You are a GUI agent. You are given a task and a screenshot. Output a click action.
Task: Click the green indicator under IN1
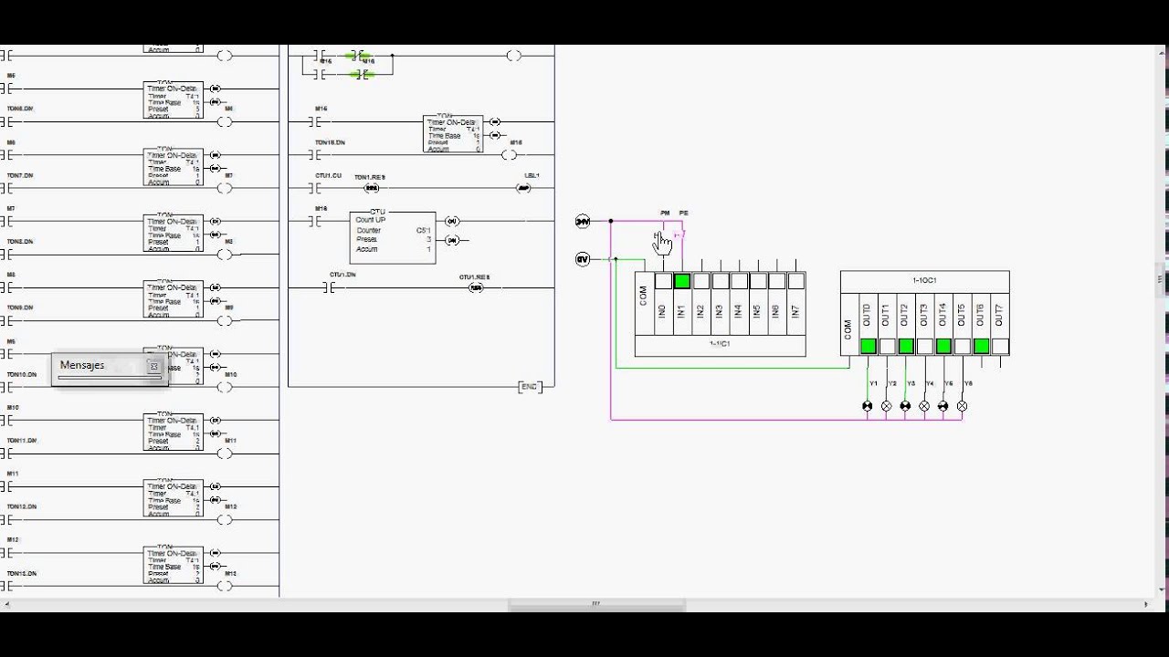[x=681, y=282]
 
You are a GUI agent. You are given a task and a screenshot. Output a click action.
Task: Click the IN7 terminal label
[x=795, y=311]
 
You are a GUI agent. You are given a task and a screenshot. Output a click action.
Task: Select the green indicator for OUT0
[x=868, y=346]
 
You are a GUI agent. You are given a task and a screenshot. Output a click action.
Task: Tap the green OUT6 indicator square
[x=981, y=346]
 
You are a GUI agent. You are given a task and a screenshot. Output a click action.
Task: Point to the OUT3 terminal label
[x=924, y=316]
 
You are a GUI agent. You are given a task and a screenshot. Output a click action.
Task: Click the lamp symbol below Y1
[x=868, y=406]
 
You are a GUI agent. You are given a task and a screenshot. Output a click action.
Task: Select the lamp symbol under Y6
[x=962, y=406]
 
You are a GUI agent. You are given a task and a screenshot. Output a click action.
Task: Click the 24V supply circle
[x=583, y=221]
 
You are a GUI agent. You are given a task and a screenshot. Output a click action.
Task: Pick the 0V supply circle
[x=583, y=259]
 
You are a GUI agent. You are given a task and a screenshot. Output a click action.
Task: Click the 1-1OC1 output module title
[x=924, y=280]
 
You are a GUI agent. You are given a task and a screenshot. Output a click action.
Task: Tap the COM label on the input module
[x=643, y=296]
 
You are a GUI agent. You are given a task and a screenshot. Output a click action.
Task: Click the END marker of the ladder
[x=529, y=387]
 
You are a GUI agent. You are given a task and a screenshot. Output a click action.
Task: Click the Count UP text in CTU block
[x=370, y=220]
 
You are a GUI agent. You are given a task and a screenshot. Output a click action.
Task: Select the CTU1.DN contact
[x=330, y=287]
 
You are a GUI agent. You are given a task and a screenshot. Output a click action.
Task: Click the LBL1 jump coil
[x=523, y=188]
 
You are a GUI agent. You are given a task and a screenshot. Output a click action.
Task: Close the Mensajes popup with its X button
[x=153, y=367]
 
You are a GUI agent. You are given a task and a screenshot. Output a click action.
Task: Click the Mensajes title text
[x=82, y=365]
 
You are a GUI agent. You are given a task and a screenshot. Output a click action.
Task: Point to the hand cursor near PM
[x=662, y=244]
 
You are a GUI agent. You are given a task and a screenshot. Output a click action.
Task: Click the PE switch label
[x=683, y=214]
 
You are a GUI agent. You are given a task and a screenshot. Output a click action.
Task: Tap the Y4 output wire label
[x=930, y=383]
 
